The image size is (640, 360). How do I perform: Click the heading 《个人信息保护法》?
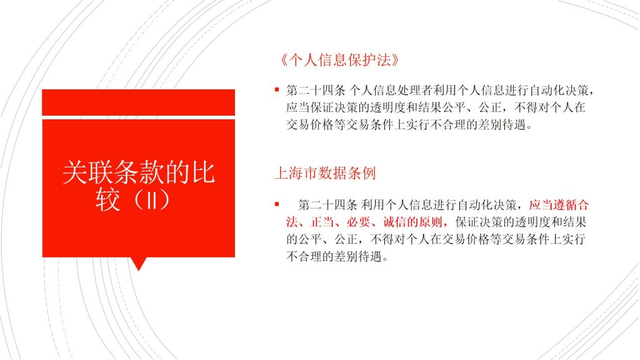tap(339, 60)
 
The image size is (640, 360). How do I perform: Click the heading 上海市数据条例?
tap(325, 173)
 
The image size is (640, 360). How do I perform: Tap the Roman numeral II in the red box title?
tap(152, 200)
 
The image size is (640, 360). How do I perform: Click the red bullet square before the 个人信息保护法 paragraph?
tap(277, 89)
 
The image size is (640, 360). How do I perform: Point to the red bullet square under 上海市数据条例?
tap(277, 204)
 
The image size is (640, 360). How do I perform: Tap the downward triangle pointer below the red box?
tap(139, 264)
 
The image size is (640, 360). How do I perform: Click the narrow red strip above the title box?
tap(138, 102)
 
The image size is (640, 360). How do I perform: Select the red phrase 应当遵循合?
tap(559, 204)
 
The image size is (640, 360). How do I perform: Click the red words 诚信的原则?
tap(412, 222)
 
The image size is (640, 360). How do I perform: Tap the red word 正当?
tap(322, 222)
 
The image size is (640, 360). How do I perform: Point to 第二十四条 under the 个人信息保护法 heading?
tap(316, 90)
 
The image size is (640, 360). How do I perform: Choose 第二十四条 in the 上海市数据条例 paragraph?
tap(327, 204)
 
